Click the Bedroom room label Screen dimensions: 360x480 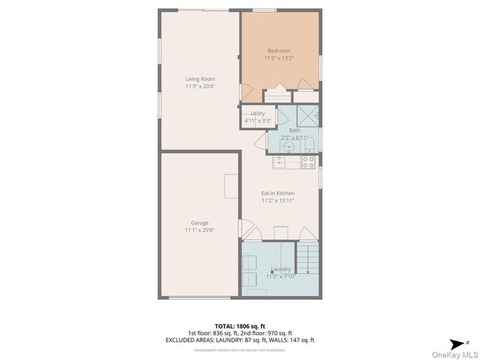[x=278, y=51]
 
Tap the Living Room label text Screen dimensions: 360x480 [x=200, y=79]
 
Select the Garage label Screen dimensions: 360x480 [x=199, y=223]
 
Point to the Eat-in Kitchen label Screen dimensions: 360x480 [x=277, y=193]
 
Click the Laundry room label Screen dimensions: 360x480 [x=280, y=268]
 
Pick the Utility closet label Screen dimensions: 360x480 [x=257, y=113]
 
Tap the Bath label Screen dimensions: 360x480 [x=294, y=130]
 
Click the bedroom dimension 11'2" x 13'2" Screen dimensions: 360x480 [x=278, y=58]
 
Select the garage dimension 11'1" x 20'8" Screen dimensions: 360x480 [x=199, y=229]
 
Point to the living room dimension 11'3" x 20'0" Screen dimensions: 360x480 [x=200, y=85]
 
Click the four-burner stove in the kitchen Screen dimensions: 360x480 [x=307, y=160]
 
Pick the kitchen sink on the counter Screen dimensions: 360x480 [x=286, y=160]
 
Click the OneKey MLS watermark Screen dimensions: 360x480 [x=454, y=354]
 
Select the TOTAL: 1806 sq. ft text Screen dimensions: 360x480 [x=240, y=325]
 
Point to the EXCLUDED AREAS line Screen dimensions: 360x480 [x=240, y=340]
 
